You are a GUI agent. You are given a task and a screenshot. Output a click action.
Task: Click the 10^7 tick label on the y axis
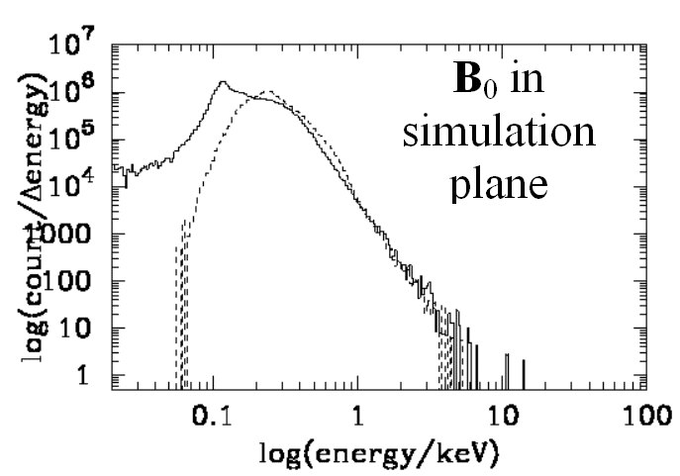pyautogui.click(x=73, y=48)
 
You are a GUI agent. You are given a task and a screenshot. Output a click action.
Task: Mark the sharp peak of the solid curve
pyautogui.click(x=224, y=82)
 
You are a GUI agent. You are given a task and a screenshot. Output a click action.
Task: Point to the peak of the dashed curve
pyautogui.click(x=269, y=92)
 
